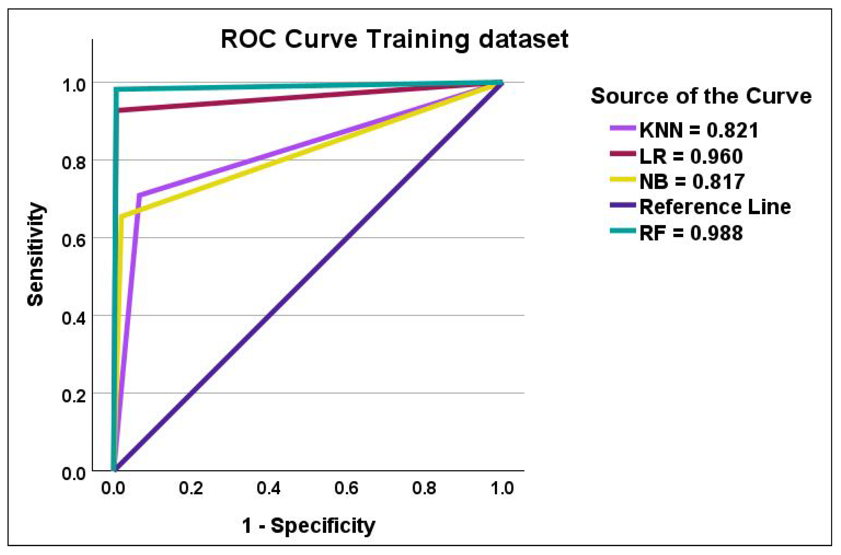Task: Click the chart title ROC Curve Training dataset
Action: pyautogui.click(x=394, y=40)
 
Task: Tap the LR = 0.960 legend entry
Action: pyautogui.click(x=676, y=156)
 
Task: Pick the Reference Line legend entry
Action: pyautogui.click(x=700, y=207)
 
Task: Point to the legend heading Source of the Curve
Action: pyautogui.click(x=701, y=96)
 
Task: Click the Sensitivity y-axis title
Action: pyautogui.click(x=35, y=254)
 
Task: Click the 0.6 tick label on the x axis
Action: pyautogui.click(x=346, y=488)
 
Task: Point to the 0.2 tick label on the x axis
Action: pyautogui.click(x=191, y=488)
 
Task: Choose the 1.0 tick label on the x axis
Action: pyautogui.click(x=502, y=488)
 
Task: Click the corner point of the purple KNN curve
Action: pyautogui.click(x=140, y=195)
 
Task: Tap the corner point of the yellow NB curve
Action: pyautogui.click(x=122, y=217)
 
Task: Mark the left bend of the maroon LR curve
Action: pyautogui.click(x=118, y=110)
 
